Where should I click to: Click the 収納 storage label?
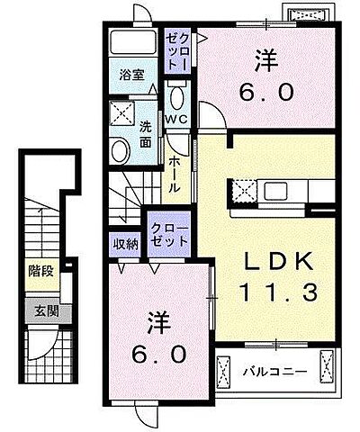126,243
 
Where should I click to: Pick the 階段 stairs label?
39,268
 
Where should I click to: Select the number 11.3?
279,292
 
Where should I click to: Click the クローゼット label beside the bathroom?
176,49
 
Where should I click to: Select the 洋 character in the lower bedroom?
159,321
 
